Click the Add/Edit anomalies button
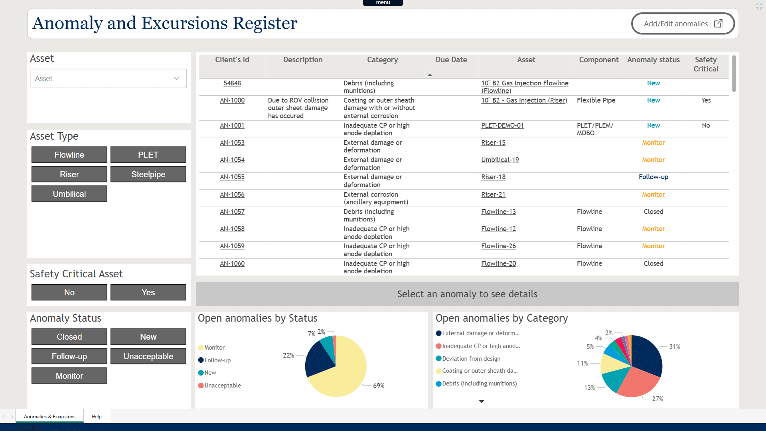tap(683, 24)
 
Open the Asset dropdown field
tap(108, 79)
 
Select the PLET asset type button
tap(148, 155)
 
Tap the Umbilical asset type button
tap(69, 194)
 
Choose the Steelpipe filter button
tap(148, 174)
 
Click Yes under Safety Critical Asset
tap(148, 293)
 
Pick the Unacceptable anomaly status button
tap(148, 356)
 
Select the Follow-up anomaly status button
tap(69, 356)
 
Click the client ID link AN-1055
tap(232, 177)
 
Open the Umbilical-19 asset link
tap(500, 160)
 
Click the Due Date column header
tap(451, 60)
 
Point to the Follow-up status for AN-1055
tap(653, 177)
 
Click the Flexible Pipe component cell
tap(596, 101)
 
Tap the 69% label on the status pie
tap(379, 386)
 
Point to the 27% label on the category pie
tap(657, 399)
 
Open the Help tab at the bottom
tap(97, 417)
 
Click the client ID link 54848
tap(232, 83)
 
